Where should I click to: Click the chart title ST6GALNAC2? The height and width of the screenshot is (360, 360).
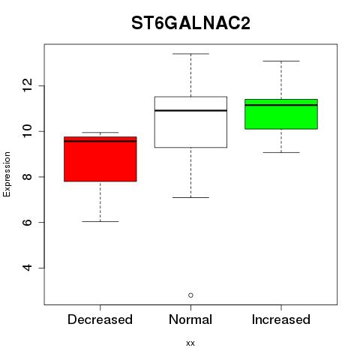pos(190,23)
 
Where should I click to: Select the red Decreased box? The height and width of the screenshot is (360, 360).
pos(100,159)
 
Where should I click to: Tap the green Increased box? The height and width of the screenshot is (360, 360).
pos(281,114)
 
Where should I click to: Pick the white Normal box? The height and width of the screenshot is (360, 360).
pos(190,122)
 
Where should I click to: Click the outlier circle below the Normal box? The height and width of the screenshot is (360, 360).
pos(190,295)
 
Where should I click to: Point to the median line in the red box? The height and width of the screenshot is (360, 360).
pos(100,141)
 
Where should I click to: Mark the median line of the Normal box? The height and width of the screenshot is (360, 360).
pos(190,110)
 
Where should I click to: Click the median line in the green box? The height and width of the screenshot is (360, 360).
pos(281,105)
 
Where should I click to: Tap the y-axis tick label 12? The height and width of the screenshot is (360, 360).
pos(28,85)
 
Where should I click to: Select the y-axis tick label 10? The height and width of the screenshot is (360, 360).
pos(28,131)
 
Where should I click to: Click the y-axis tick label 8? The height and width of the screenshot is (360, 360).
pos(28,177)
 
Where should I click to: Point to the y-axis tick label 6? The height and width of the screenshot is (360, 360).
pos(28,222)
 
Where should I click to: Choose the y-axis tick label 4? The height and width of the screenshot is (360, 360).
pos(28,268)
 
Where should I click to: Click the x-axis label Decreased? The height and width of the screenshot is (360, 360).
pos(100,319)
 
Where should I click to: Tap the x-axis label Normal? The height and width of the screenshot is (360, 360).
pos(190,319)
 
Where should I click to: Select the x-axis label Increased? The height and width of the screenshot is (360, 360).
pos(281,319)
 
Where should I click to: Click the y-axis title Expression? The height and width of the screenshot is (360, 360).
pos(7,174)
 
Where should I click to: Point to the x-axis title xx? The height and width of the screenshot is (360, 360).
pos(190,343)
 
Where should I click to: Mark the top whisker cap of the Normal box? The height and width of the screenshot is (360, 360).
pos(190,54)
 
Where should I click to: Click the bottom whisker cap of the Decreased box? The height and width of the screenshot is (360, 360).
pos(100,221)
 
